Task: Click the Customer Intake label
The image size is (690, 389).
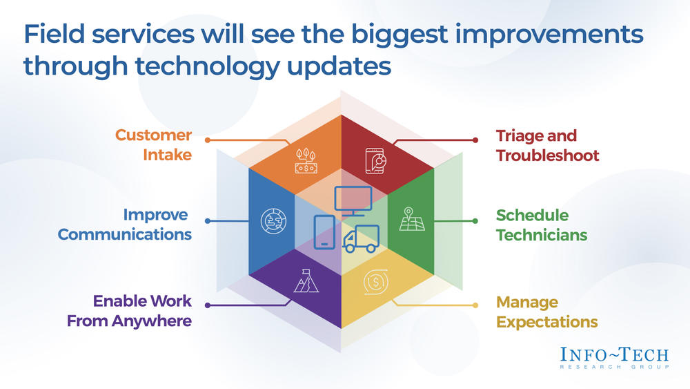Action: [x=154, y=145]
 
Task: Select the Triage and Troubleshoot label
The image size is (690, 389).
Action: [x=547, y=145]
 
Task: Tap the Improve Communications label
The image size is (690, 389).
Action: [x=125, y=225]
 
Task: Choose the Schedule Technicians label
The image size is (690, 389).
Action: [x=541, y=225]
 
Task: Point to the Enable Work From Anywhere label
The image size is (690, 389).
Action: [x=130, y=311]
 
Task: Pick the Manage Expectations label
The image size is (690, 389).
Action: [x=547, y=312]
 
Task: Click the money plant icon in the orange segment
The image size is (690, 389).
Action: [x=306, y=161]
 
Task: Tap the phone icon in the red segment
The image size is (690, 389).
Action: [x=375, y=161]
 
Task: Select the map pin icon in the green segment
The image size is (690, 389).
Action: [x=412, y=219]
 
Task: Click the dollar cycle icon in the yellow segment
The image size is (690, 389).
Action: [x=376, y=281]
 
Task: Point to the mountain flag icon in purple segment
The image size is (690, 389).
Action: [x=306, y=281]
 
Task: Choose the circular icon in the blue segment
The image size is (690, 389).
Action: [x=273, y=220]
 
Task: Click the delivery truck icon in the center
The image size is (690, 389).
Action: [x=361, y=239]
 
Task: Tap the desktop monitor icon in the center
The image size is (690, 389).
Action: [x=353, y=201]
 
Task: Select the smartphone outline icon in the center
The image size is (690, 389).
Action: [x=324, y=232]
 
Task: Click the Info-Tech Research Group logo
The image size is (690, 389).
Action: [x=614, y=358]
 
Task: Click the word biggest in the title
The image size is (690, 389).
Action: [x=399, y=35]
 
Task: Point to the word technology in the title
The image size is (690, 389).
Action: [x=208, y=66]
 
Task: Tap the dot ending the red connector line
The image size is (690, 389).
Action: [x=475, y=140]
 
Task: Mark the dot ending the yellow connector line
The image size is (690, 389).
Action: [x=475, y=305]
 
